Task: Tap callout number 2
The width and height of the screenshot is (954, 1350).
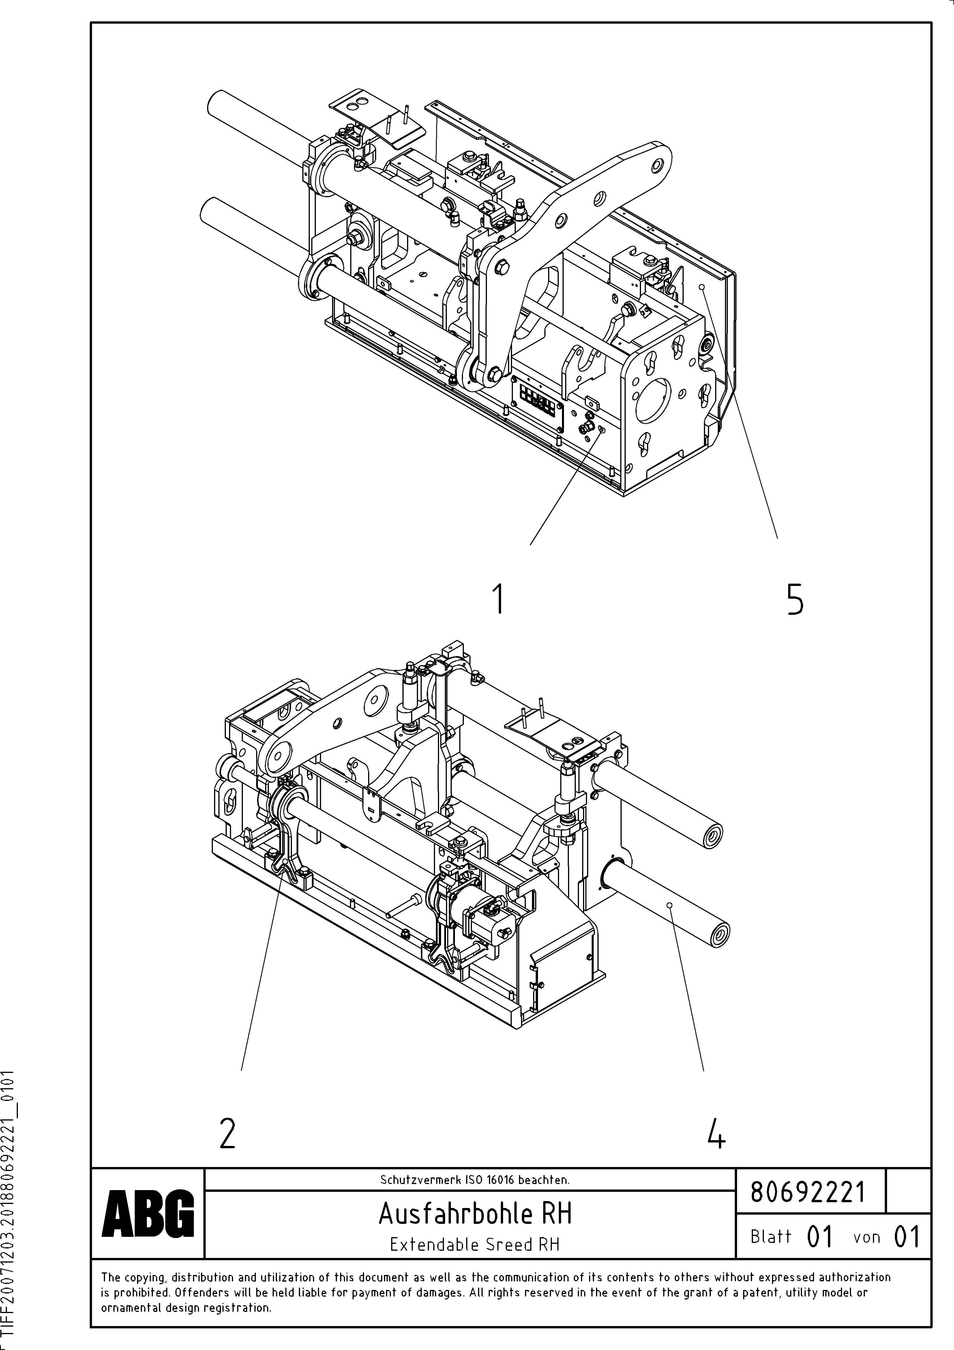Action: [x=228, y=1133]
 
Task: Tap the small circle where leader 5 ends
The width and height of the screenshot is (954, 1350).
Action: [x=702, y=287]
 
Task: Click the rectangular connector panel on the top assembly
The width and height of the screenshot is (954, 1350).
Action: [x=538, y=399]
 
